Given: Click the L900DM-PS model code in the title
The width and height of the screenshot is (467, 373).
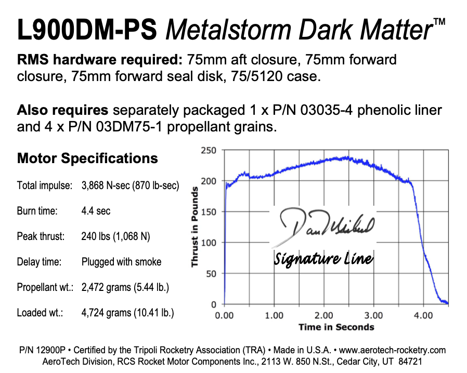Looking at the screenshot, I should tap(87, 30).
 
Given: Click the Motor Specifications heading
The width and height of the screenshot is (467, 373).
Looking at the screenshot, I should tap(87, 158).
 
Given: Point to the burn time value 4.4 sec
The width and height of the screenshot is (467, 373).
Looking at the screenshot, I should tap(96, 210).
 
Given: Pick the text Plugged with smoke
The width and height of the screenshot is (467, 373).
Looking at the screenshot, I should tap(121, 262).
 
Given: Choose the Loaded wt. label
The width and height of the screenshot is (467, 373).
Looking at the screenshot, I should tap(40, 313).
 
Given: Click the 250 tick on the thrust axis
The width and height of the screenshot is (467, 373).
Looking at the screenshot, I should tap(209, 150).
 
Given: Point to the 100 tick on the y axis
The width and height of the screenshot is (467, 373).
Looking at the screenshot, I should tap(209, 243).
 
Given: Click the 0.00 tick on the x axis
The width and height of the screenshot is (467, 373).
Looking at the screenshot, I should tap(224, 315).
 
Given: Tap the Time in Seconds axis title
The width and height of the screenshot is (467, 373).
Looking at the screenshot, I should tap(336, 327).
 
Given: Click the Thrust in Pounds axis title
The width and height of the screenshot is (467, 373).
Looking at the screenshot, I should tap(195, 227).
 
